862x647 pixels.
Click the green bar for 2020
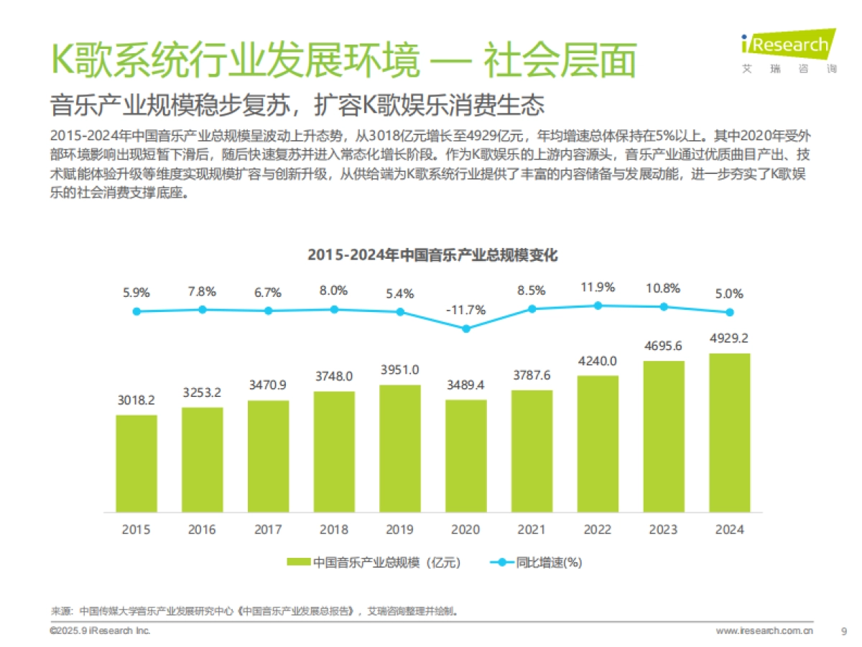pos(465,456)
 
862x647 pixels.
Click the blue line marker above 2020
pos(465,329)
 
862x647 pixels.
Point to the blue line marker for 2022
pos(598,306)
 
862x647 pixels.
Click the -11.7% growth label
pos(465,310)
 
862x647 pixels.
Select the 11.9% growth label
pos(598,288)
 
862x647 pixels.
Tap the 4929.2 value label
pos(729,338)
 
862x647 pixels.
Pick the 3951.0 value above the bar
pos(399,370)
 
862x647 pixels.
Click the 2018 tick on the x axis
pos(333,530)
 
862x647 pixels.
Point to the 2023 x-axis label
pos(663,530)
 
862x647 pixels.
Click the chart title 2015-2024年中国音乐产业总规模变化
pos(432,255)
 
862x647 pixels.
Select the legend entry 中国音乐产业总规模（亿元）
pos(374,562)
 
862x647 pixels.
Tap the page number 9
pos(843,631)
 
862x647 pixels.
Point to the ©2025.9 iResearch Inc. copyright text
pos(100,630)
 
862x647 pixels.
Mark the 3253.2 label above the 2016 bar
pos(202,393)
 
